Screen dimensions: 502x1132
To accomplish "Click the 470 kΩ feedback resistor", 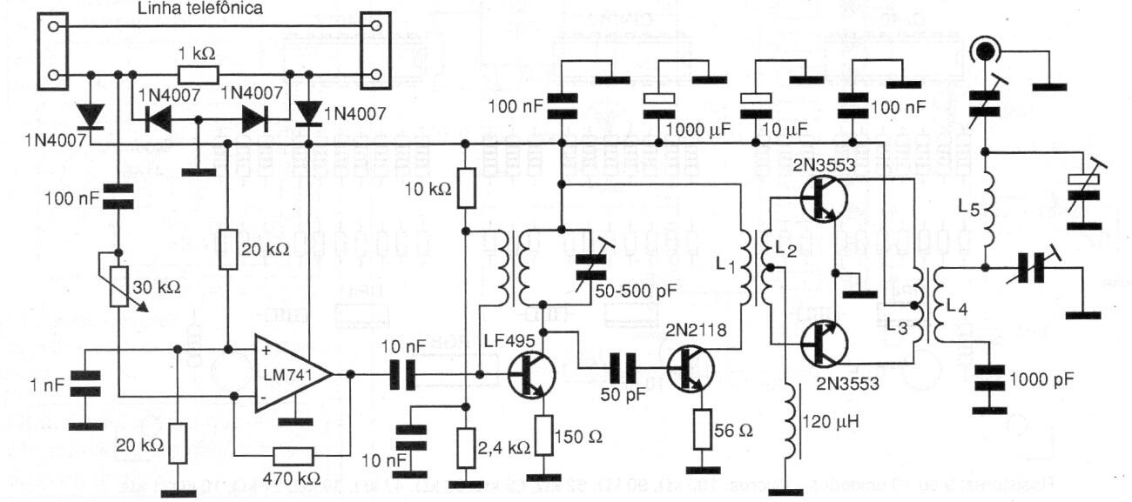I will click(292, 455).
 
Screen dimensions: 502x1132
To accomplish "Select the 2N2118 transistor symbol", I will click(691, 368).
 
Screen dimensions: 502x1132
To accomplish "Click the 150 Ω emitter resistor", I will click(544, 435).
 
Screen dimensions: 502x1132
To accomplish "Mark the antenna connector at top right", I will click(984, 51).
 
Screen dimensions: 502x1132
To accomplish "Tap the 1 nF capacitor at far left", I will click(84, 385).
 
